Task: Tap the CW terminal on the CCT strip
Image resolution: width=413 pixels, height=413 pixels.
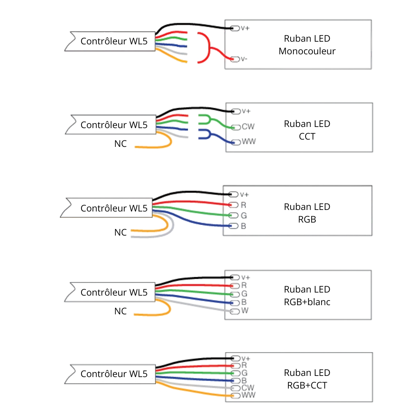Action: point(236,127)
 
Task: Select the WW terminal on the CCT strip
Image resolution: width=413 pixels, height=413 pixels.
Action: point(236,142)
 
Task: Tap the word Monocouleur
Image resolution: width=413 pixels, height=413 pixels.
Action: point(307,51)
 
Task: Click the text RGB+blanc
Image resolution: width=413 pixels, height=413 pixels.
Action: point(307,302)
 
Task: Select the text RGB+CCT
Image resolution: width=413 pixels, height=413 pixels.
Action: point(307,385)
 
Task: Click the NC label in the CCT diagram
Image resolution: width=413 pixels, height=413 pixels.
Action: point(120,144)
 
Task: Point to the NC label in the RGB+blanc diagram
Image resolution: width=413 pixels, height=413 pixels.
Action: point(120,311)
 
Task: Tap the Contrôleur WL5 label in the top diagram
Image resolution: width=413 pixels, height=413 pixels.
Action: point(114,41)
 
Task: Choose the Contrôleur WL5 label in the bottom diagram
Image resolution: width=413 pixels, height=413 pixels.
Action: point(114,374)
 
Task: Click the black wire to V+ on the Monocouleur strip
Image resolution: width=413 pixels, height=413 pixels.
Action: point(191,25)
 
